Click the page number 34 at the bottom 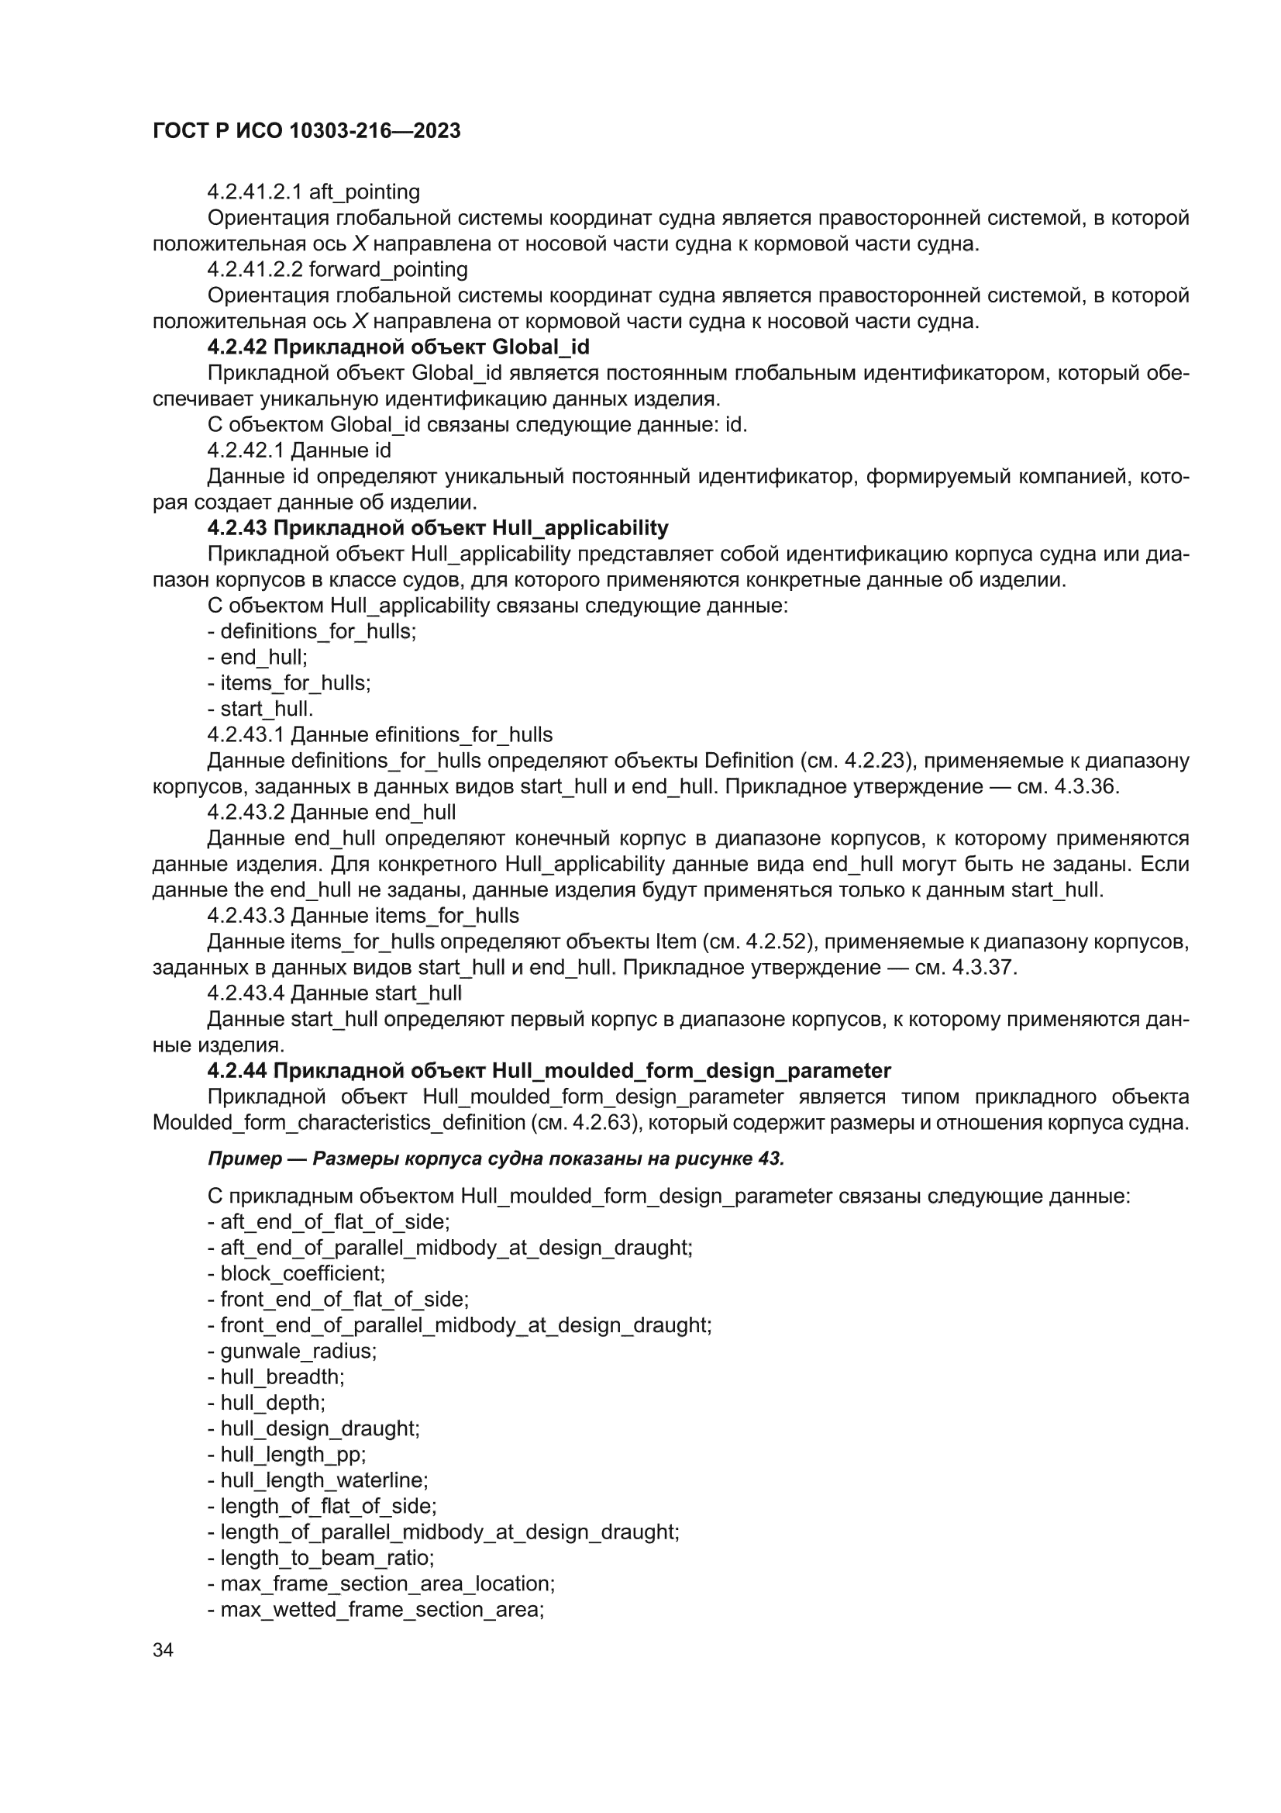(163, 1650)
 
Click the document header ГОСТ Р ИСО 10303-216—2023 (306, 131)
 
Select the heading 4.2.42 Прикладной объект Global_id (398, 347)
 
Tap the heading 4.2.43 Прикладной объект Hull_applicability (437, 527)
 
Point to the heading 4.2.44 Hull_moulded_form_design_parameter (549, 1071)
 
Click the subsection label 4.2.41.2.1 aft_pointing (313, 192)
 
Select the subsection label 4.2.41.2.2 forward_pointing (337, 270)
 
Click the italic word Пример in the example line (245, 1159)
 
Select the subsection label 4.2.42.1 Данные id (299, 451)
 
